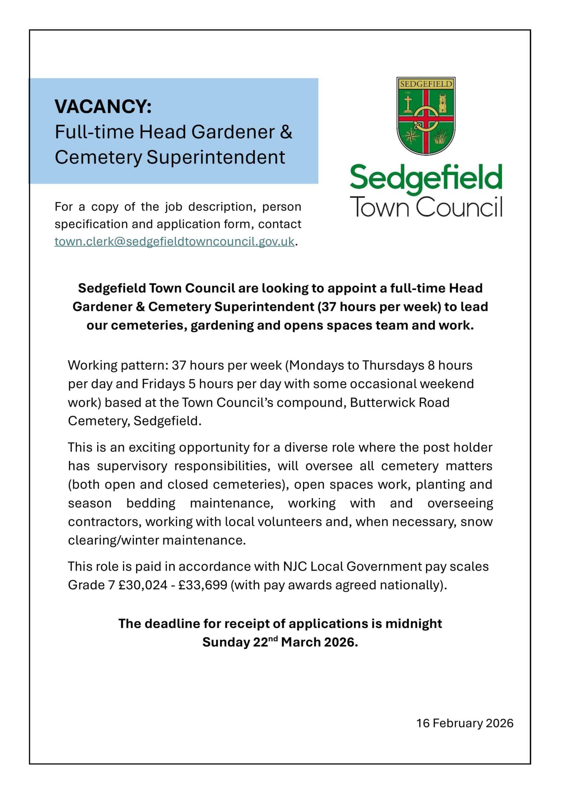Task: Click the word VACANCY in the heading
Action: coord(103,106)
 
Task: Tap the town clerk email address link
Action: coord(174,241)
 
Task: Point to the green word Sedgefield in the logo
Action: coord(426,178)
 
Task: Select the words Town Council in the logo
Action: coord(426,207)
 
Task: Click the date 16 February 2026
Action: coord(465,723)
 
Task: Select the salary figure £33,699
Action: coord(203,585)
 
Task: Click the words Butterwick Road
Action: coord(399,402)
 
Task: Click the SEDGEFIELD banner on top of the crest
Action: coord(426,84)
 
